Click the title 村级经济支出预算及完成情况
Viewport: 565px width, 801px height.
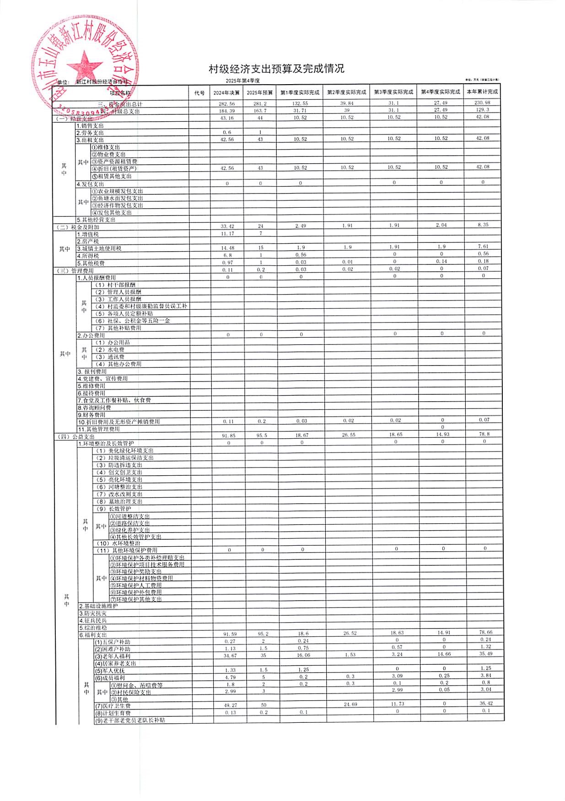(x=276, y=69)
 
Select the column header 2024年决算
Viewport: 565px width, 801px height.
(x=226, y=92)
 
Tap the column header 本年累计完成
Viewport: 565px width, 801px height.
(x=482, y=92)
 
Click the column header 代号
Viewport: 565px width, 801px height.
(x=199, y=93)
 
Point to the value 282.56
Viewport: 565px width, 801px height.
(x=227, y=104)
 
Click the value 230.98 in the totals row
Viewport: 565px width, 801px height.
(x=483, y=102)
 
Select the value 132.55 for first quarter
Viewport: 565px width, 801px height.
(x=300, y=103)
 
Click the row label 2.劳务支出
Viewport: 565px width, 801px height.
(x=90, y=133)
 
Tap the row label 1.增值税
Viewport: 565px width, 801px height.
(x=88, y=234)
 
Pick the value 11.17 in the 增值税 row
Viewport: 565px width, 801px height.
(x=227, y=234)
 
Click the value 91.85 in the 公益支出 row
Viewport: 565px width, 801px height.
(x=228, y=435)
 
